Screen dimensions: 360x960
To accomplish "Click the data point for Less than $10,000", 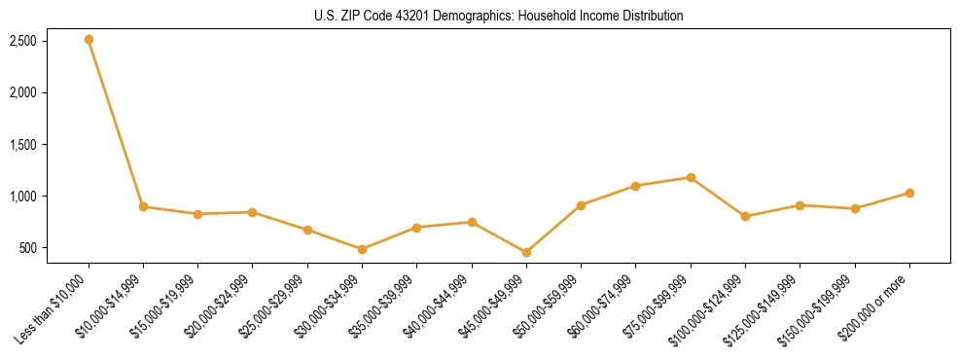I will point(89,40).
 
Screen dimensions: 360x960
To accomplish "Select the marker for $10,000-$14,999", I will point(143,206).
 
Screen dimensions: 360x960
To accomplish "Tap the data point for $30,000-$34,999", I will point(362,249).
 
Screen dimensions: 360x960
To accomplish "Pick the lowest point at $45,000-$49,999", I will point(526,252).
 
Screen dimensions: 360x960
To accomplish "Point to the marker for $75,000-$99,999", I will point(691,177).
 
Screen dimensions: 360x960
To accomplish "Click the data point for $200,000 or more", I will point(909,193).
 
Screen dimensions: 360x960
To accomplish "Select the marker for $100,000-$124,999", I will point(745,216).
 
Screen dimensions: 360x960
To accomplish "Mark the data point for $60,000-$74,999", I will point(635,186).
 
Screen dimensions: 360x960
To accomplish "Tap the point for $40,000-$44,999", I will point(472,222).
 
